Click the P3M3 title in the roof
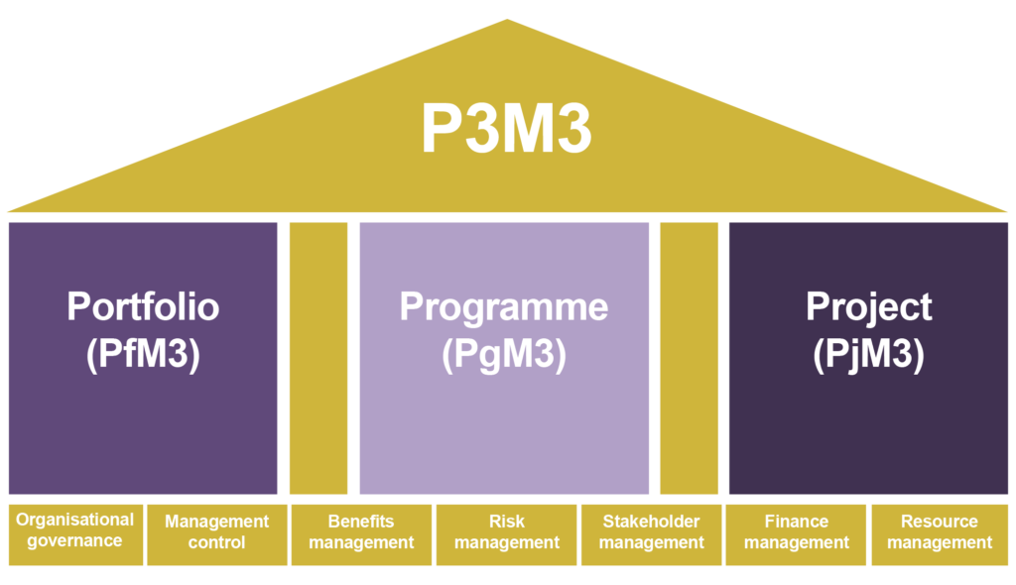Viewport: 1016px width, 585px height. [506, 130]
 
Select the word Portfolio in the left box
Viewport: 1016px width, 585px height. [143, 305]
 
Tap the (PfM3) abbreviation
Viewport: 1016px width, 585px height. [143, 355]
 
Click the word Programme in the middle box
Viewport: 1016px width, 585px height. [504, 306]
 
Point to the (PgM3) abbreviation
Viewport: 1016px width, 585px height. [504, 355]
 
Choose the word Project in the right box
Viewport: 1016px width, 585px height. [868, 306]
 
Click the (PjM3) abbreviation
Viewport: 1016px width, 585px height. [868, 355]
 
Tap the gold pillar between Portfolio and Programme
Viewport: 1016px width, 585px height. [318, 357]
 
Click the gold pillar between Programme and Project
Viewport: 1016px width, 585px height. [689, 357]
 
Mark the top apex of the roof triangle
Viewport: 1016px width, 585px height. [507, 21]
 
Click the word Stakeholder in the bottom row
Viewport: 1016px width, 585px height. [651, 521]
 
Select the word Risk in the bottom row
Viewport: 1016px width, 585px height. [506, 521]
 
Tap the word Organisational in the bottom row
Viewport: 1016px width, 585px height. [74, 520]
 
